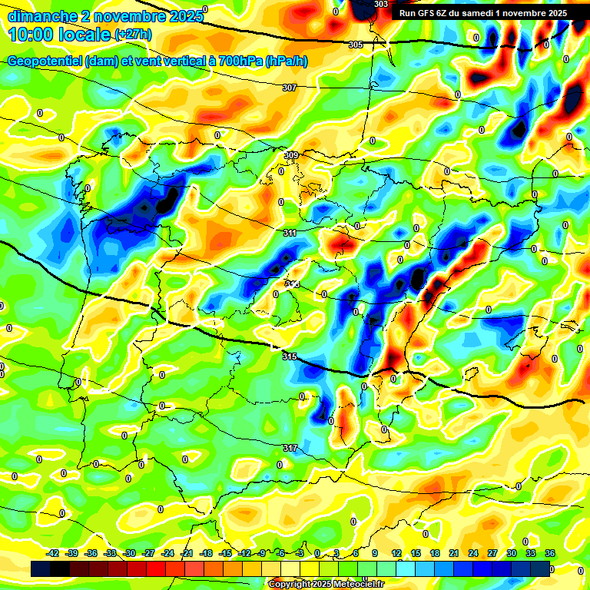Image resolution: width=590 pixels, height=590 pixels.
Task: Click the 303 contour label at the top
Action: (x=381, y=5)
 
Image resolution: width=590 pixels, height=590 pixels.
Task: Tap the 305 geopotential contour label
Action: (x=356, y=45)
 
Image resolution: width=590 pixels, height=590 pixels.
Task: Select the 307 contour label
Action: (x=289, y=88)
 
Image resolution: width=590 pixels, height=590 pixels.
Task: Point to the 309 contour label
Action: (x=291, y=155)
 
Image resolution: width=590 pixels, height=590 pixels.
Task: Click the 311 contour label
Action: (x=290, y=233)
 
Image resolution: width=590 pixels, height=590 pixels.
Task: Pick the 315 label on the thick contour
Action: (x=290, y=356)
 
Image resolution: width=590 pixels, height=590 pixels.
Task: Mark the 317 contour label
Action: (x=290, y=448)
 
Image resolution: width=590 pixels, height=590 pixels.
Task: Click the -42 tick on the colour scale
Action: (x=53, y=554)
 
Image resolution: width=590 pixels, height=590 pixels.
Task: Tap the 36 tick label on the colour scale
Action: (x=549, y=554)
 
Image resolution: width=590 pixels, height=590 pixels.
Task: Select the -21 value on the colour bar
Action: (x=187, y=554)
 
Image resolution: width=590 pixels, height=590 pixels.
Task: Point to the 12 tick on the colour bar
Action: (x=396, y=554)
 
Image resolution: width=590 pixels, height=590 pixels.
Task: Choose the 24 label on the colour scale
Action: (x=472, y=554)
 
